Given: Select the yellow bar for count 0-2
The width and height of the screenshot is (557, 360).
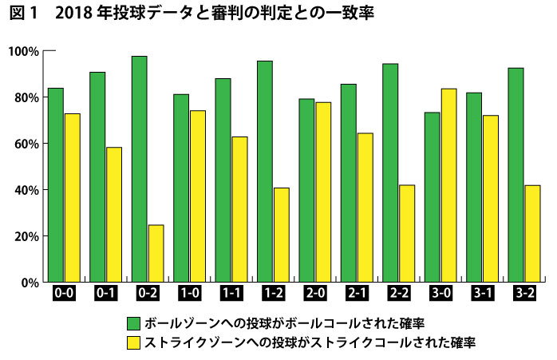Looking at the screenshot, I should [156, 253].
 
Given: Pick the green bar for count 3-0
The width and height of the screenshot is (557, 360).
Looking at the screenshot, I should [433, 197].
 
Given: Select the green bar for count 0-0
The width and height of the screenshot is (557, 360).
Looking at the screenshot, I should [55, 184].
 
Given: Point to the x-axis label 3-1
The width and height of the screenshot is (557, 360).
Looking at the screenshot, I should [482, 293].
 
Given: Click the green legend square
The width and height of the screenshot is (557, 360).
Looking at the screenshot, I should [134, 323].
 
